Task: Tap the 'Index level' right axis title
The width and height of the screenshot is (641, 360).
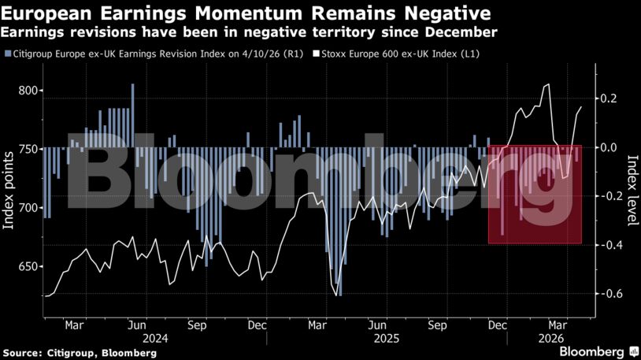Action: [x=631, y=189]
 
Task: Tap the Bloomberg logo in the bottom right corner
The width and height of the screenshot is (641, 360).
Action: [x=597, y=351]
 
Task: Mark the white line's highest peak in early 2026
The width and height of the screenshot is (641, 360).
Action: [x=548, y=85]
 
